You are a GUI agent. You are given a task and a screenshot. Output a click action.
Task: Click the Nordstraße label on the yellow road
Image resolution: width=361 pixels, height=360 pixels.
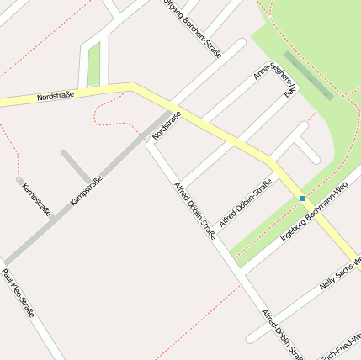(56, 96)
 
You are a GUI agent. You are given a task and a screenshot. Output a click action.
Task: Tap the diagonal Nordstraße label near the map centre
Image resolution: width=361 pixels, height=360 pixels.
(167, 125)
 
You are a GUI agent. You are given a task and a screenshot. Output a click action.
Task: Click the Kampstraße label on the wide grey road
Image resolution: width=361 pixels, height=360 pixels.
(87, 191)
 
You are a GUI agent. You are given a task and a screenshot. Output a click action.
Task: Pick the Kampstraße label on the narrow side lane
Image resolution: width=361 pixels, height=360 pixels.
(36, 199)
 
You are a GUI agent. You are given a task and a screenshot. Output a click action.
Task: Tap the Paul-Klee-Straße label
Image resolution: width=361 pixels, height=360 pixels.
(18, 293)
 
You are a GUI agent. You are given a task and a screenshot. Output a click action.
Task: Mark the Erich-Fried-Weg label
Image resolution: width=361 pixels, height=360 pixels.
(341, 346)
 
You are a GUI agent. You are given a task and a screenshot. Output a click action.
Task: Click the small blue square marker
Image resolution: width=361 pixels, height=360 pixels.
(302, 199)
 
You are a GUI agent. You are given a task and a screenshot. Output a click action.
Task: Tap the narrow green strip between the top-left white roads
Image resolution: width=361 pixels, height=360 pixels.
(93, 63)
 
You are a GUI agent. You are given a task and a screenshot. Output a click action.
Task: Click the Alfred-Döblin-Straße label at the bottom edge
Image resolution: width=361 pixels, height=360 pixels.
(281, 335)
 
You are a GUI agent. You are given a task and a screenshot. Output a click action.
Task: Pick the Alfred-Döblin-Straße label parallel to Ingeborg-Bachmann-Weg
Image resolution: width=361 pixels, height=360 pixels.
(245, 203)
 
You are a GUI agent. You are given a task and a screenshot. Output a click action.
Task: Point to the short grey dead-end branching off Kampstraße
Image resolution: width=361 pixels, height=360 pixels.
(76, 166)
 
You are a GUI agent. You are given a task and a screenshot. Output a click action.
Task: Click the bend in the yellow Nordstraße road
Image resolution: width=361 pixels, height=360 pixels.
(132, 85)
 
